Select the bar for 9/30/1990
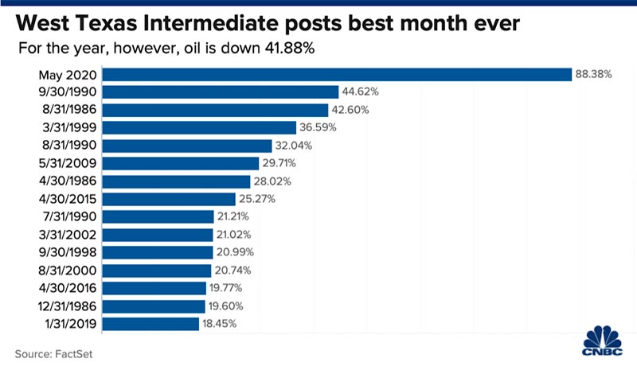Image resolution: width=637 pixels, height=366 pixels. pos(221,92)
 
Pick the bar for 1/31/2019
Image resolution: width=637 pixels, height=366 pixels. pos(151,324)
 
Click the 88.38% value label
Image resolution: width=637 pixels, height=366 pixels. pos(592,74)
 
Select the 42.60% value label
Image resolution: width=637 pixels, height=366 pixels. pos(350,110)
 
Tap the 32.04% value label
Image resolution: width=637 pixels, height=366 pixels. pos(295,146)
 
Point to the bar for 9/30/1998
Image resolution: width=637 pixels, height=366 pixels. pos(151,252)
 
